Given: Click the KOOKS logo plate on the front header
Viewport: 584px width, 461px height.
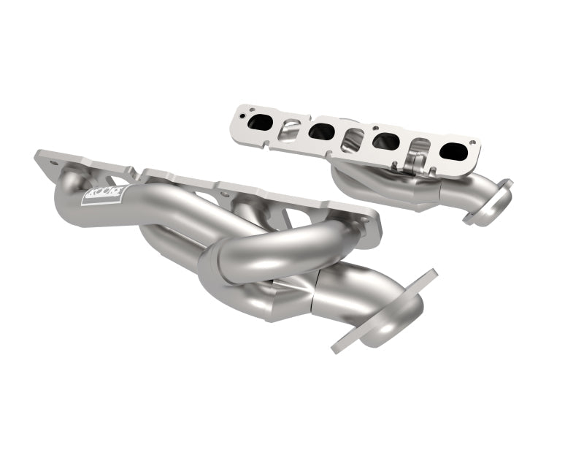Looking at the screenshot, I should (104, 195).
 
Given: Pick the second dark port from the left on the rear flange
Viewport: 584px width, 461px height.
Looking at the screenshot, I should (322, 132).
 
